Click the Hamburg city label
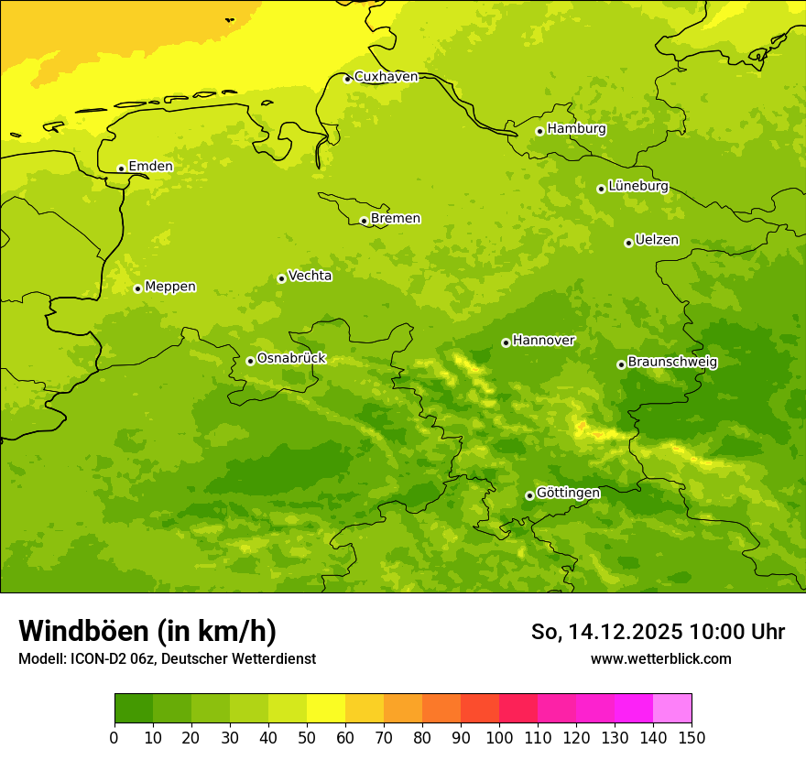coord(576,129)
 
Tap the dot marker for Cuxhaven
coord(347,79)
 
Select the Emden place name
coord(150,167)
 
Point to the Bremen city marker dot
coord(364,221)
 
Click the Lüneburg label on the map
coord(637,186)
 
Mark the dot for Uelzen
coord(628,243)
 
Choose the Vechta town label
coord(310,276)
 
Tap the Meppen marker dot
coord(137,288)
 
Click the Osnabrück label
coord(290,359)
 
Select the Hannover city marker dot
coord(506,342)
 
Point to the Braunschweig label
coord(672,363)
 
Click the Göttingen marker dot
coord(529,495)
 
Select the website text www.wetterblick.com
coord(660,658)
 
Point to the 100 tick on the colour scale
coord(499,737)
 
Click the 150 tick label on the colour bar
coord(691,737)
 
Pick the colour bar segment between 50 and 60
coord(326,708)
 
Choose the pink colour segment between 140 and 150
coord(672,708)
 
